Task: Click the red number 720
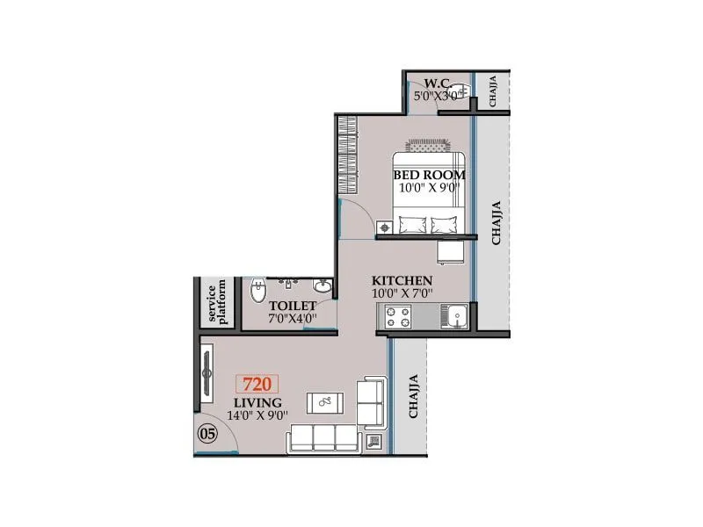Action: click(256, 384)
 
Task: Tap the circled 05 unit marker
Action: click(207, 432)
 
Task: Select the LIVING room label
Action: click(257, 402)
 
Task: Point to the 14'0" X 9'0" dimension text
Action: click(257, 416)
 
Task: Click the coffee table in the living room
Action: click(326, 403)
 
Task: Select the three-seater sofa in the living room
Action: click(323, 437)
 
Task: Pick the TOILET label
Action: click(293, 306)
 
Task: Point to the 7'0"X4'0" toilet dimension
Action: click(293, 318)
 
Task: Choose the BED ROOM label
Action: click(430, 175)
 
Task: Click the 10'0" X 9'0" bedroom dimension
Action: click(430, 188)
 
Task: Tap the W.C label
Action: click(437, 83)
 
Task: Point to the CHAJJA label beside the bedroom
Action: click(496, 222)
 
